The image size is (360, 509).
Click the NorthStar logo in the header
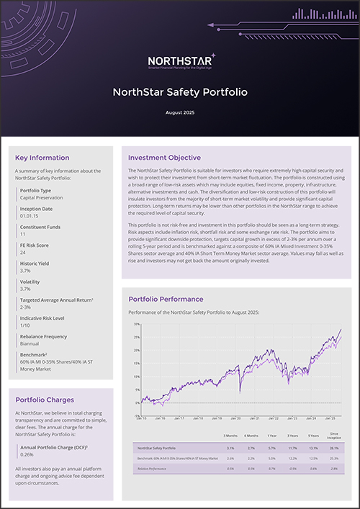point(179,63)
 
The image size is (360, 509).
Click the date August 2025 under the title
point(179,113)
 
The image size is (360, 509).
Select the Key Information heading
point(42,158)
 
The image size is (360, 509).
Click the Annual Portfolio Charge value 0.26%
point(27,454)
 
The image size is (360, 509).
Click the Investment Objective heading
point(164,158)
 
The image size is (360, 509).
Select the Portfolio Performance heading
point(166,299)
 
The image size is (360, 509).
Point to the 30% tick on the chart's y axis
point(136,325)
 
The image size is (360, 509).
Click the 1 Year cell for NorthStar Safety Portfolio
point(271,447)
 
